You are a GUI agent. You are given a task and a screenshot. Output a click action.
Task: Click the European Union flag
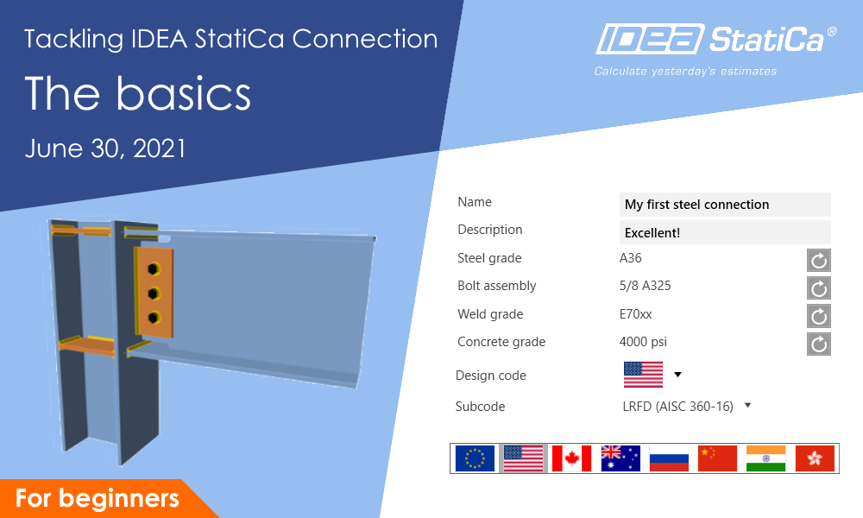click(x=475, y=458)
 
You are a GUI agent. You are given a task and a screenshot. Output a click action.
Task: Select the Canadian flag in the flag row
click(x=571, y=458)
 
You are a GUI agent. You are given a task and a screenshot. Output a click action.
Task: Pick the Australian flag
click(x=620, y=458)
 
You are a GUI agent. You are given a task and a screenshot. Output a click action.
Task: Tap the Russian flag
click(x=669, y=458)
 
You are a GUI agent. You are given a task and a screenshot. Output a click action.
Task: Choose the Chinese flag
click(x=717, y=458)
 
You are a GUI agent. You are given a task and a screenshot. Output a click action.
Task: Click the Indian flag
click(x=765, y=458)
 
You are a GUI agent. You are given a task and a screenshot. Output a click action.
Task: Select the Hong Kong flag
click(x=815, y=458)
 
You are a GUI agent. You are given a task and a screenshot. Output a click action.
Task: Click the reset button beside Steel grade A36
click(x=819, y=260)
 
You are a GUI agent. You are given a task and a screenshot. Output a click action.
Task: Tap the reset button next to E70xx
click(x=819, y=316)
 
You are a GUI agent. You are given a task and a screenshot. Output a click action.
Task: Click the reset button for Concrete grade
click(x=819, y=344)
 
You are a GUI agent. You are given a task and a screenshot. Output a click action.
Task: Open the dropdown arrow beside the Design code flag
click(x=677, y=375)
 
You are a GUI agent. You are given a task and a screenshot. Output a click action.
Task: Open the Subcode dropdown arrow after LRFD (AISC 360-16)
click(x=747, y=405)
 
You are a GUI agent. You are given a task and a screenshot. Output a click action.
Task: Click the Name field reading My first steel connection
click(x=725, y=205)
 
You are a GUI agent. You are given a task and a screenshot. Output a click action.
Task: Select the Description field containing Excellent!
click(x=725, y=233)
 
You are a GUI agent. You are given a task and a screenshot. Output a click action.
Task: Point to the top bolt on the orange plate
click(x=153, y=268)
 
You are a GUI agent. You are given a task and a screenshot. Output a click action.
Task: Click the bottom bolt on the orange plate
click(x=153, y=318)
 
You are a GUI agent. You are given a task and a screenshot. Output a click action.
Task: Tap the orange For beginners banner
click(x=97, y=499)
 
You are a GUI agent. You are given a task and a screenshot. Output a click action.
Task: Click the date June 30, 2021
click(x=105, y=148)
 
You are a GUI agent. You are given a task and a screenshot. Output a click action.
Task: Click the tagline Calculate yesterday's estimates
click(x=685, y=72)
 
